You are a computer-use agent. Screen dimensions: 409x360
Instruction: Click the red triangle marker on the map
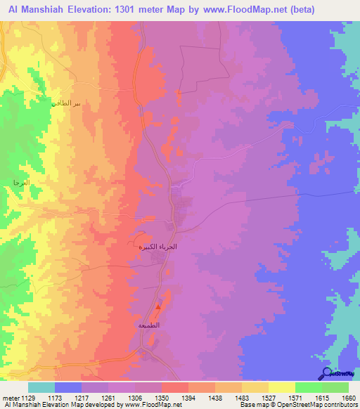coord(159,306)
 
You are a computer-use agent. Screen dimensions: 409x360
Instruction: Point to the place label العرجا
coord(21,183)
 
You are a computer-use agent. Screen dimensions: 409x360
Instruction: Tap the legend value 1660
coord(346,398)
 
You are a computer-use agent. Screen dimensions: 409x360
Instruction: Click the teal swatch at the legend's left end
coord(41,387)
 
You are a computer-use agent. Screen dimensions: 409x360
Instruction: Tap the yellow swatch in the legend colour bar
coord(281,387)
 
